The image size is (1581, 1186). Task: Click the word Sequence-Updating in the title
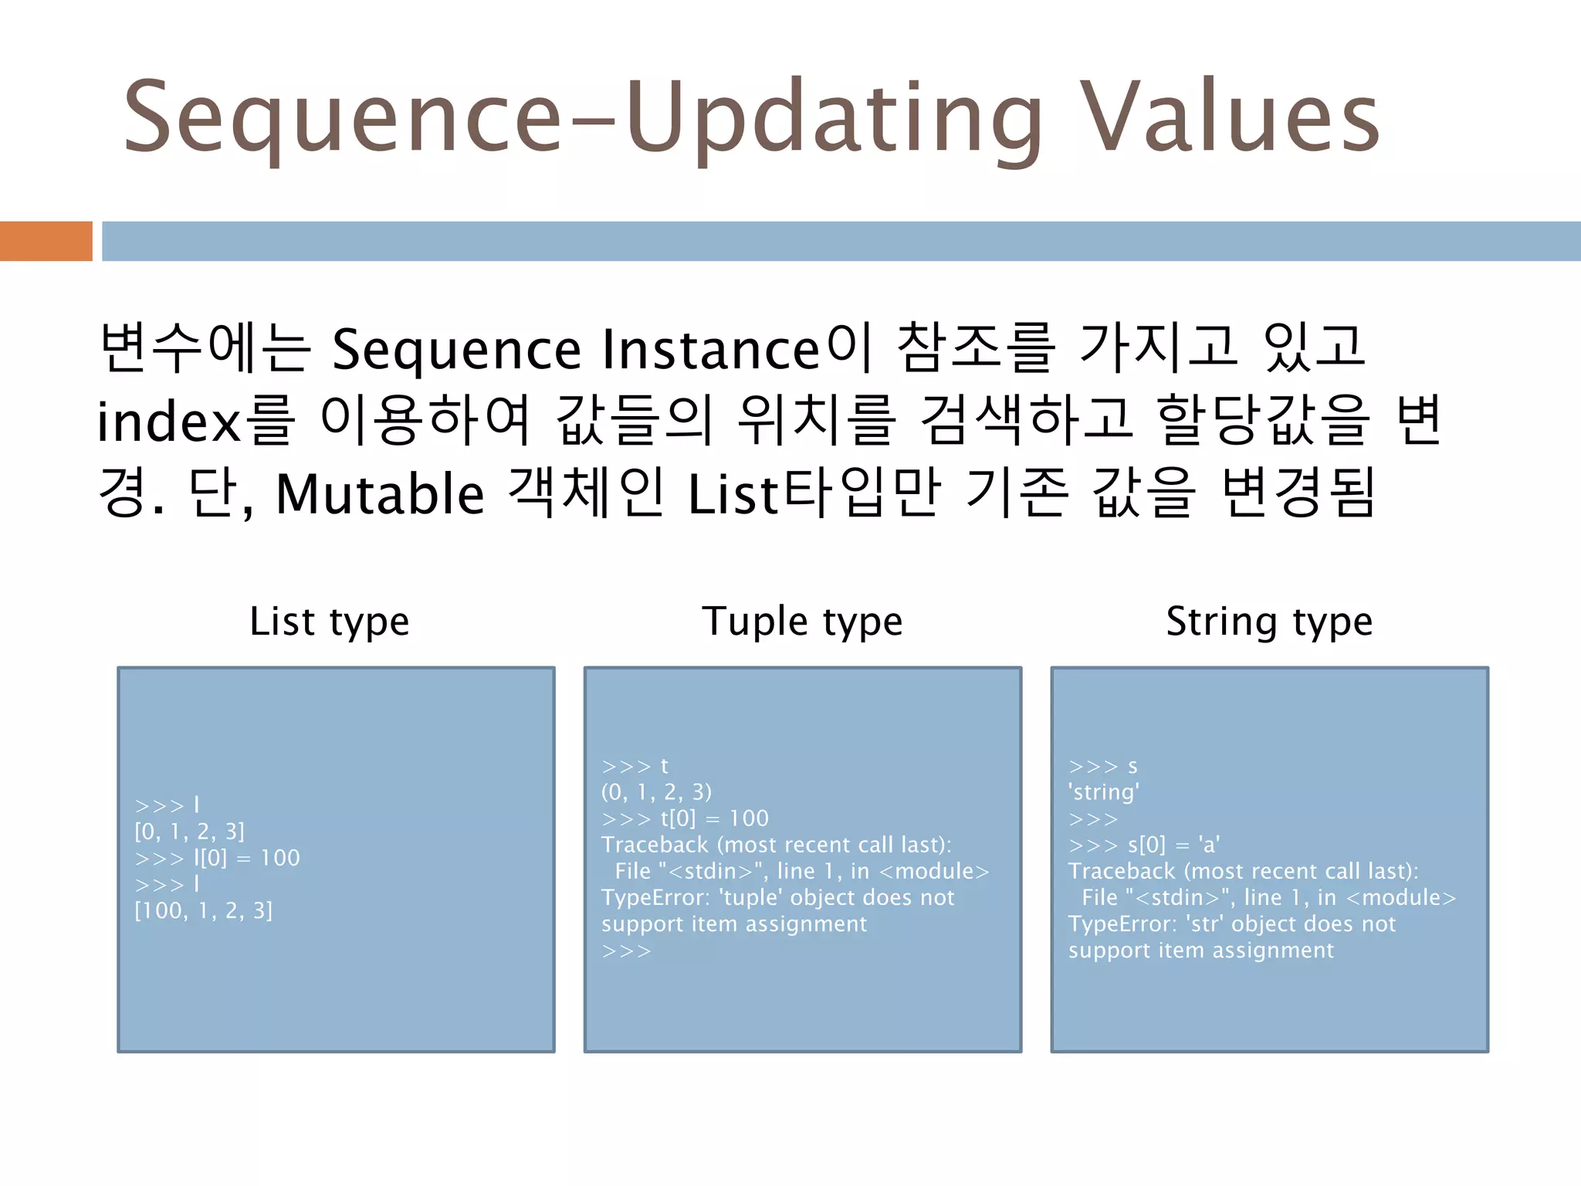click(583, 117)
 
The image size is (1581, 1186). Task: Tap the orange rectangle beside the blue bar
click(46, 241)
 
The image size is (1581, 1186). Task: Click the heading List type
click(330, 622)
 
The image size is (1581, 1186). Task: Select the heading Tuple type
click(802, 622)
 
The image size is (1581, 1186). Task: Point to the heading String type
click(1269, 622)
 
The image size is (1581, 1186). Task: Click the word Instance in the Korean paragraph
click(710, 350)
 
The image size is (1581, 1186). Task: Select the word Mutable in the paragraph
click(380, 495)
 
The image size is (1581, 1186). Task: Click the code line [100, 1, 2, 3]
click(204, 911)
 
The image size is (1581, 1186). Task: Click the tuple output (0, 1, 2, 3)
click(657, 792)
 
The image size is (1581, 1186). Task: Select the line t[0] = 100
click(714, 818)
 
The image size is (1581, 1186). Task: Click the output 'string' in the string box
click(1104, 792)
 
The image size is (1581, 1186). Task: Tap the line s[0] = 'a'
click(1173, 845)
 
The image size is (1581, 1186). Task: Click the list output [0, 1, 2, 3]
click(190, 832)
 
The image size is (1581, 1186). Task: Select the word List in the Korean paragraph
click(733, 495)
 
